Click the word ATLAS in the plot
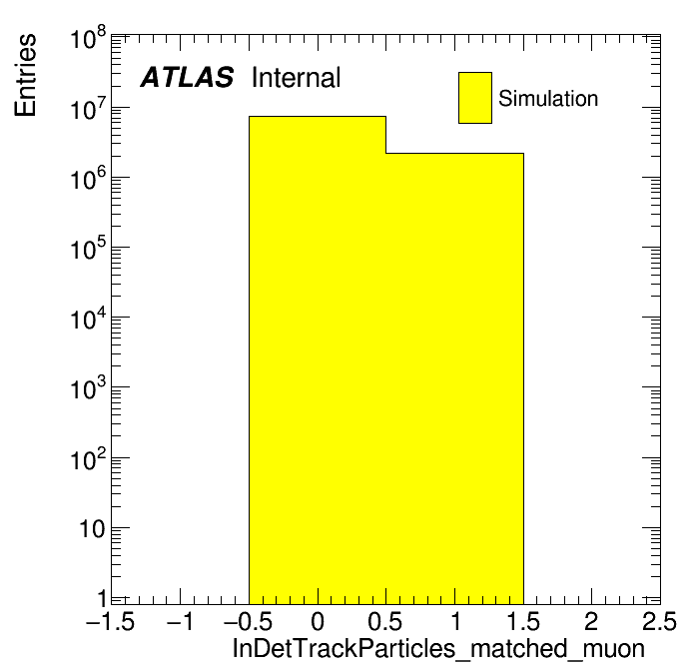tap(187, 78)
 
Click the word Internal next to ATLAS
tap(297, 78)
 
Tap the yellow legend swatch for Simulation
tap(475, 98)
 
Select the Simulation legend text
tap(548, 99)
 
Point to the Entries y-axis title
tap(25, 75)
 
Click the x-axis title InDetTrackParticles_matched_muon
tap(438, 649)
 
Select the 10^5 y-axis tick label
tap(88, 248)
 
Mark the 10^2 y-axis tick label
tap(88, 458)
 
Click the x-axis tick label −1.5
tap(111, 621)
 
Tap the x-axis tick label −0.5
tap(249, 621)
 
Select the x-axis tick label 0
tap(318, 621)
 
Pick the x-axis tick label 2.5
tap(659, 621)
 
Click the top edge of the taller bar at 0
tap(318, 117)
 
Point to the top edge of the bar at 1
tap(454, 154)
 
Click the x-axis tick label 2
tap(592, 621)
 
